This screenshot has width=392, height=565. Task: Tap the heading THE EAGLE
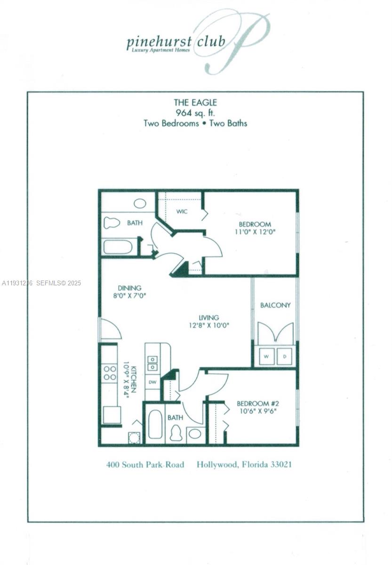195,102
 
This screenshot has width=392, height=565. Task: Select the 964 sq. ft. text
195,113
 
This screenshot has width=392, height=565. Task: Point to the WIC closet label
182,211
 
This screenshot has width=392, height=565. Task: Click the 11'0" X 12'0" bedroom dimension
255,232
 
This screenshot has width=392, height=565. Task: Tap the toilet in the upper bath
112,222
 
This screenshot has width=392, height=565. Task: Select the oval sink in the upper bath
140,203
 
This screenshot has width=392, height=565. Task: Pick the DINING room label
129,288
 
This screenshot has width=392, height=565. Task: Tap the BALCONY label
275,305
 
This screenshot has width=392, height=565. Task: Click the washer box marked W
266,356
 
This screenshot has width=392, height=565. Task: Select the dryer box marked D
285,356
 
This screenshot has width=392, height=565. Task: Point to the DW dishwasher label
152,382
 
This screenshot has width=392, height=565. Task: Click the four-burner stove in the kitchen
110,373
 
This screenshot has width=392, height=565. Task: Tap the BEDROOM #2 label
258,404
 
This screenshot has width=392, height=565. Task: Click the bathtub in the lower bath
155,424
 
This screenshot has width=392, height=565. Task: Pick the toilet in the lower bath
176,433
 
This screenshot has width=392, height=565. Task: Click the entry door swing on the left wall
110,330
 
